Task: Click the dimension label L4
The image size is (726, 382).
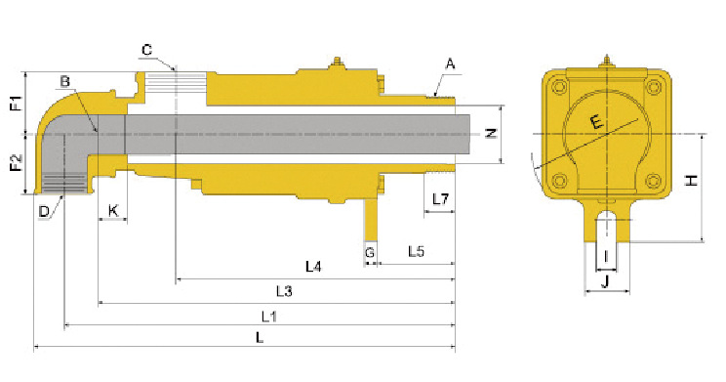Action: pos(313,267)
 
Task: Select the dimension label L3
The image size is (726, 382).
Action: pos(284,291)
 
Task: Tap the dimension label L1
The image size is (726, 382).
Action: pos(269,318)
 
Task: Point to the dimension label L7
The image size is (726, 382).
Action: pos(440,199)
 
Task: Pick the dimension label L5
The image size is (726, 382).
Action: pos(416,252)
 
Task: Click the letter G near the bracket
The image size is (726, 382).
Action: pos(370,253)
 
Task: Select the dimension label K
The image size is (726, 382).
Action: pos(113,211)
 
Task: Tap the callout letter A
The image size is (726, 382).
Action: pos(450,64)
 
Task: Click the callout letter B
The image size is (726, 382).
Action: pos(64,82)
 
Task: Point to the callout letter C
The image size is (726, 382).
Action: pos(146,50)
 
